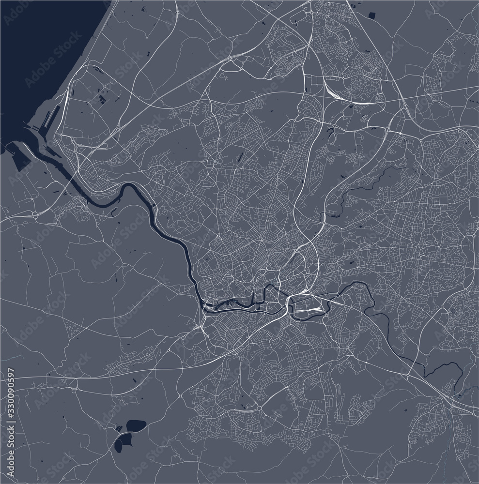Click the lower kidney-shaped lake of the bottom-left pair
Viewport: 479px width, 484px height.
point(122,442)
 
